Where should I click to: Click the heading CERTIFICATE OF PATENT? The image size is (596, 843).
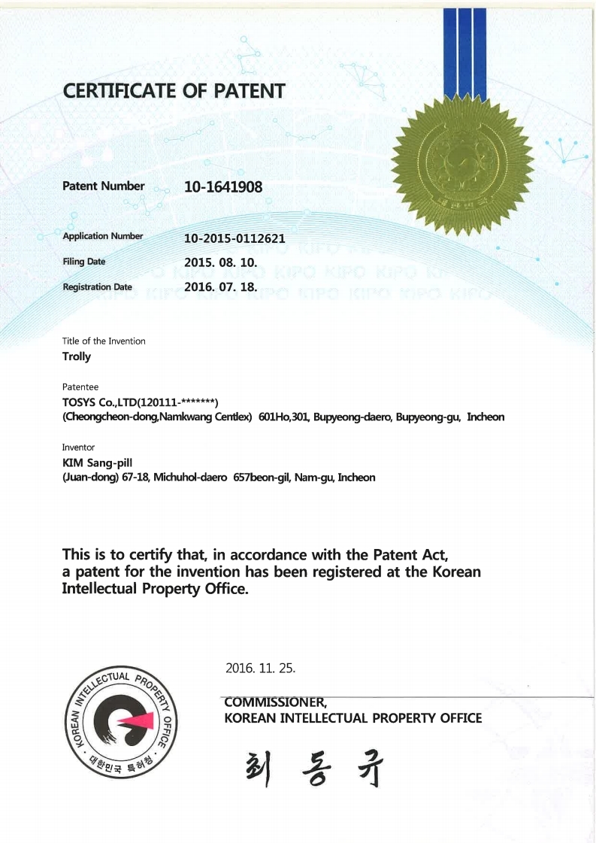click(x=174, y=92)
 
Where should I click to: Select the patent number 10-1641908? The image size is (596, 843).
click(x=223, y=186)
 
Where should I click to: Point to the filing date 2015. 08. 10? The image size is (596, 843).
click(x=221, y=263)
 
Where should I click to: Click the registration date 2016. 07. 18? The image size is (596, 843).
click(x=221, y=287)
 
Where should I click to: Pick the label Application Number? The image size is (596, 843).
click(x=102, y=236)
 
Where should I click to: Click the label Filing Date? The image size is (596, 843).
click(x=83, y=262)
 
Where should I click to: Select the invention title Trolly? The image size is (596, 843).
click(x=76, y=356)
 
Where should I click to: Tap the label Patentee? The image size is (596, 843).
click(x=80, y=387)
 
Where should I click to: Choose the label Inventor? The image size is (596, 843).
click(x=78, y=447)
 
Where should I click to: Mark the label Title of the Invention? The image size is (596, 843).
click(x=104, y=341)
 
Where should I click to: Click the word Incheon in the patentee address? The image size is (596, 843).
click(x=486, y=417)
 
